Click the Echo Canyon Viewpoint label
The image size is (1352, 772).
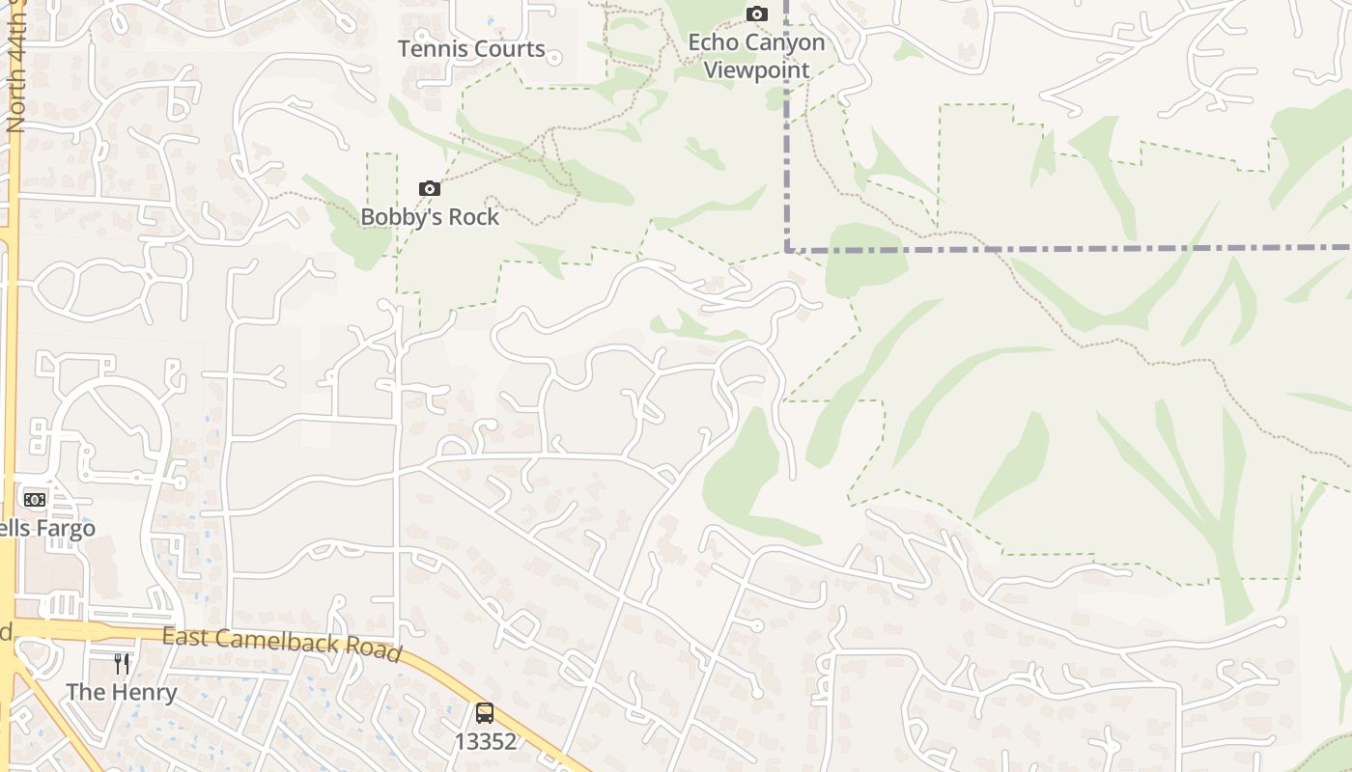[x=756, y=56]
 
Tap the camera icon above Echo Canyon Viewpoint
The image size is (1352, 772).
[x=757, y=14]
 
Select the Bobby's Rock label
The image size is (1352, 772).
[x=430, y=216]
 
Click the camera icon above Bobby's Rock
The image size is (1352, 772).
[x=430, y=188]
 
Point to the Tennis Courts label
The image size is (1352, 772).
[x=471, y=48]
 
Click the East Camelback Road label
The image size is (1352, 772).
[x=281, y=643]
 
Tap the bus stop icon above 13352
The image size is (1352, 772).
[x=485, y=713]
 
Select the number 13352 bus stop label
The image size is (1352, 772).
[x=485, y=741]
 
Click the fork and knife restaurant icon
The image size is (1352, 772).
[x=122, y=664]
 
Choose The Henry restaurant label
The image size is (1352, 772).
[x=121, y=692]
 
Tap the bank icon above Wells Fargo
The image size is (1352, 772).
[x=35, y=499]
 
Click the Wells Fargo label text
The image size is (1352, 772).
[x=47, y=528]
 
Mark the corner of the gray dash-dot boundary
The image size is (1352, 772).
[x=789, y=249]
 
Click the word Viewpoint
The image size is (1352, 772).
[x=756, y=69]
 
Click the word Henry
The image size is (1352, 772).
[x=143, y=692]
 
